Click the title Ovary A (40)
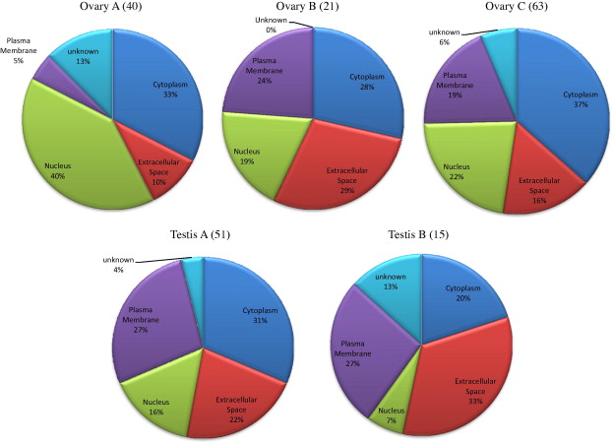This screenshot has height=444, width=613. click(115, 9)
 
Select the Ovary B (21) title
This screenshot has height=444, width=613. click(312, 9)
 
